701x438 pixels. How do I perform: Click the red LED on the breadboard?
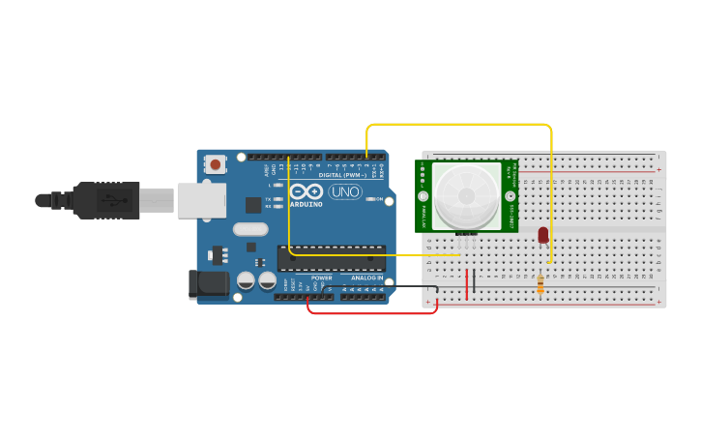[543, 234]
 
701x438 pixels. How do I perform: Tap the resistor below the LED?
[540, 283]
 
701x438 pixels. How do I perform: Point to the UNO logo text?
[345, 191]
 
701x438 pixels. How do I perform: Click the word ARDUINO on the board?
[307, 204]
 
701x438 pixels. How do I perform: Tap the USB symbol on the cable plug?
[113, 201]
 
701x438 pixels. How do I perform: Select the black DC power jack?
[207, 284]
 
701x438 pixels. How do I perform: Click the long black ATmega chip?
[332, 258]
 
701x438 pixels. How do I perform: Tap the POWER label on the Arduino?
[321, 277]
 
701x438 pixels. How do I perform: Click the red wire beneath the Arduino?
[372, 312]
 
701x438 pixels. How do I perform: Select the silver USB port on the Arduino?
[201, 200]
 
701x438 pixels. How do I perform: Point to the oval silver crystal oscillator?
[249, 230]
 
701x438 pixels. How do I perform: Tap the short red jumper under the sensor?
[467, 283]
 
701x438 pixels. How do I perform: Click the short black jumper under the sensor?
[474, 280]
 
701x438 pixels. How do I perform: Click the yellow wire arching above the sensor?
[459, 124]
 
